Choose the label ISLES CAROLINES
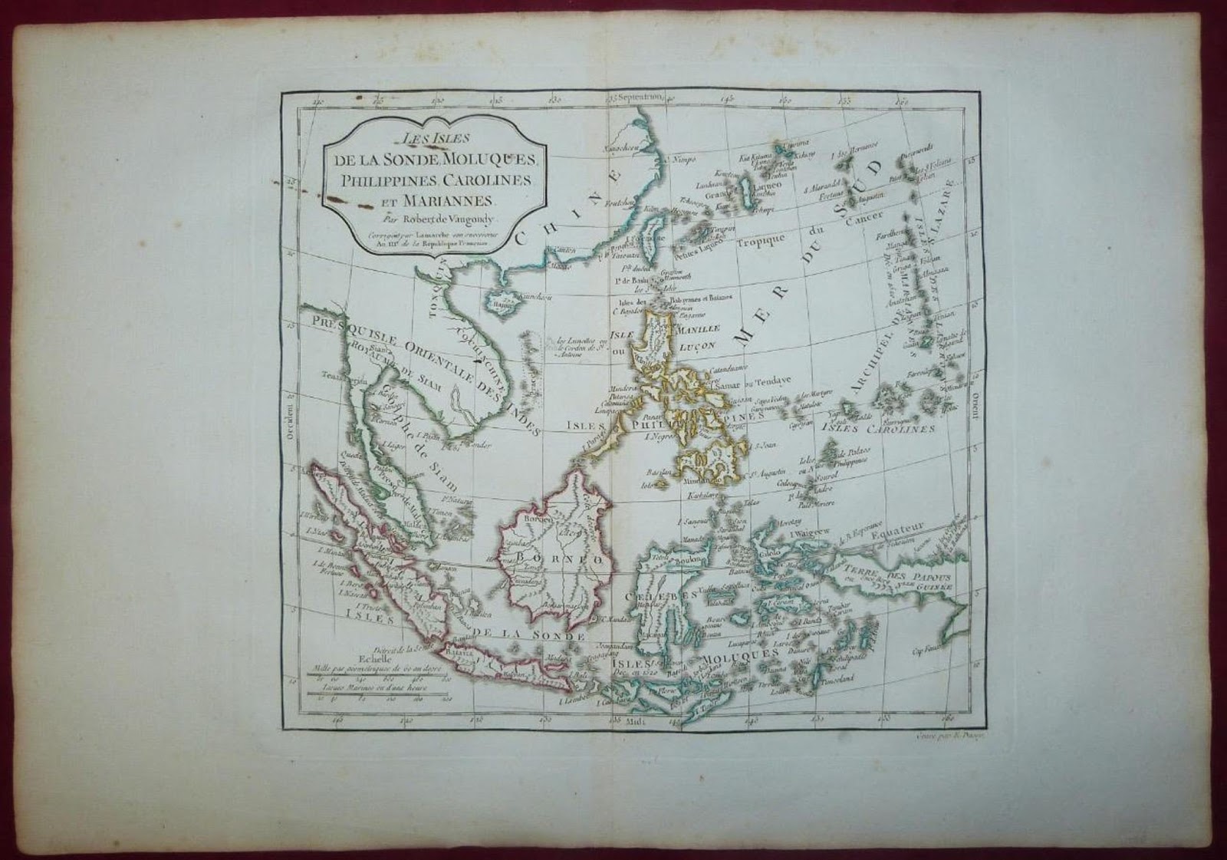878,428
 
